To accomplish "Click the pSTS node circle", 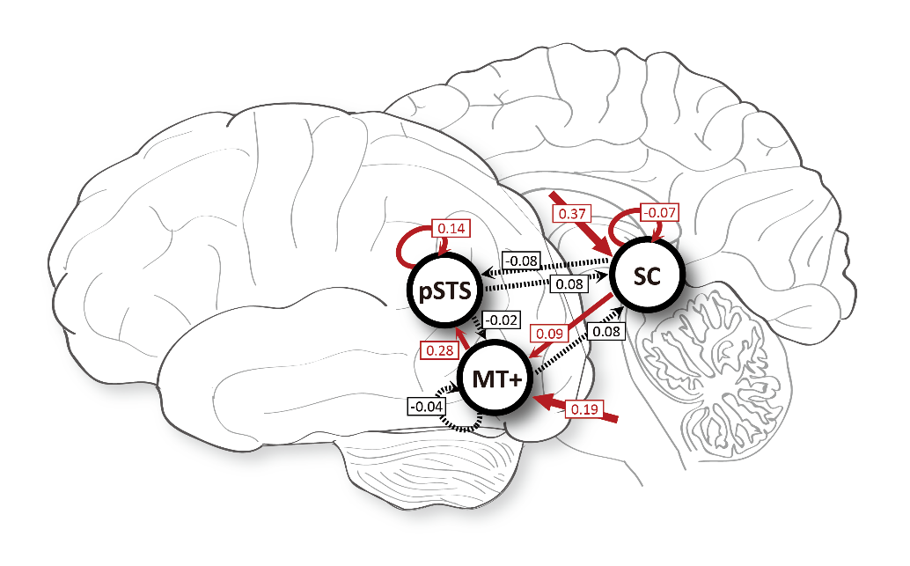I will (x=444, y=291).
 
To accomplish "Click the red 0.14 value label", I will (x=452, y=229).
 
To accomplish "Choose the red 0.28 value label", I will (x=438, y=351).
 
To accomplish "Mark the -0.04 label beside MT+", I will (x=425, y=407).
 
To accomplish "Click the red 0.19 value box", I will (x=583, y=408).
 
